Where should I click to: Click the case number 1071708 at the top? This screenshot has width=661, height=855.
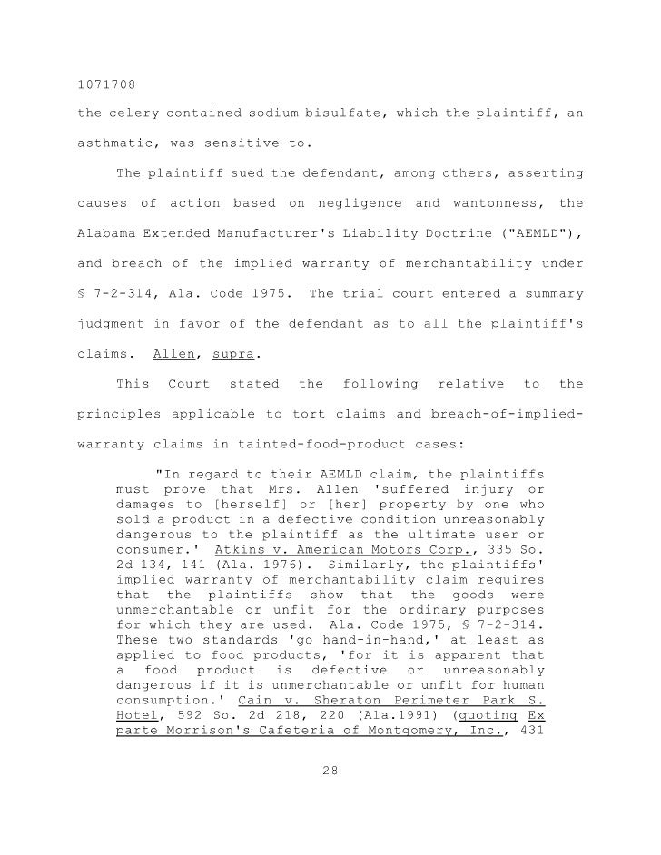(x=103, y=86)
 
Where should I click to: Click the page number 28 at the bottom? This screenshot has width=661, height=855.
(x=330, y=773)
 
